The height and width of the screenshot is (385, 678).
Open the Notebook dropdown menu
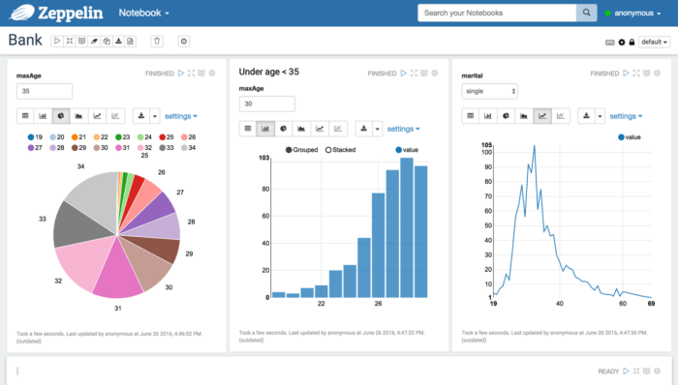(143, 13)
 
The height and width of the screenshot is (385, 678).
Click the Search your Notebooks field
(497, 13)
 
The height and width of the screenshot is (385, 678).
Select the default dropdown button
(654, 42)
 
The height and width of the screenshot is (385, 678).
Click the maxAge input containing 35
(45, 91)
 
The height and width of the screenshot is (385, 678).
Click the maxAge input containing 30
(266, 104)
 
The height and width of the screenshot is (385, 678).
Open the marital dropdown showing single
(489, 91)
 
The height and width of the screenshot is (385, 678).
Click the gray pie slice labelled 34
(91, 200)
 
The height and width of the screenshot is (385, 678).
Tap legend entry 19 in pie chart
(37, 137)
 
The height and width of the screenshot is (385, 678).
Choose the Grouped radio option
(304, 150)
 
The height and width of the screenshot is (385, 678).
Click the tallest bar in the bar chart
(407, 227)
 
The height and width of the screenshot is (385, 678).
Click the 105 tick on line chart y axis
(487, 145)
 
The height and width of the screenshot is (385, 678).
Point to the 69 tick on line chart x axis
(652, 305)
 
